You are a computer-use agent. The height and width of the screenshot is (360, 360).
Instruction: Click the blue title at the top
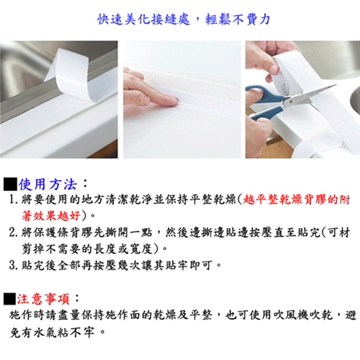(184, 19)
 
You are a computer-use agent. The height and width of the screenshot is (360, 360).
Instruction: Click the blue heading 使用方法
(48, 184)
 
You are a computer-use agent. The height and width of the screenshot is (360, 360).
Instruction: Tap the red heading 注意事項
(43, 299)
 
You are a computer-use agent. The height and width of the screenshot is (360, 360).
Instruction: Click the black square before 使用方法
(10, 184)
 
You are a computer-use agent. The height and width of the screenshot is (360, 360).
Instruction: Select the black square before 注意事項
(9, 299)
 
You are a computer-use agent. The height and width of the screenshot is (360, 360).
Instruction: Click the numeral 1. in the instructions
(14, 199)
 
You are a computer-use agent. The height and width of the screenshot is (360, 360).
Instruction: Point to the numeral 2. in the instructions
(14, 233)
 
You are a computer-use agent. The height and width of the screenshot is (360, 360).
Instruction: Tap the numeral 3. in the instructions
(14, 265)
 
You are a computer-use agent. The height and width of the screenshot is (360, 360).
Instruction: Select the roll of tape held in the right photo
(287, 74)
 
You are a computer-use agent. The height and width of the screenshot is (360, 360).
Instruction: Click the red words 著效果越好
(51, 216)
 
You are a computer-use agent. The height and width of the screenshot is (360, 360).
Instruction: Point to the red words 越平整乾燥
(273, 199)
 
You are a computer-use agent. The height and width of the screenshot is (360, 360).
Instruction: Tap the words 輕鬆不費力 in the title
(238, 19)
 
